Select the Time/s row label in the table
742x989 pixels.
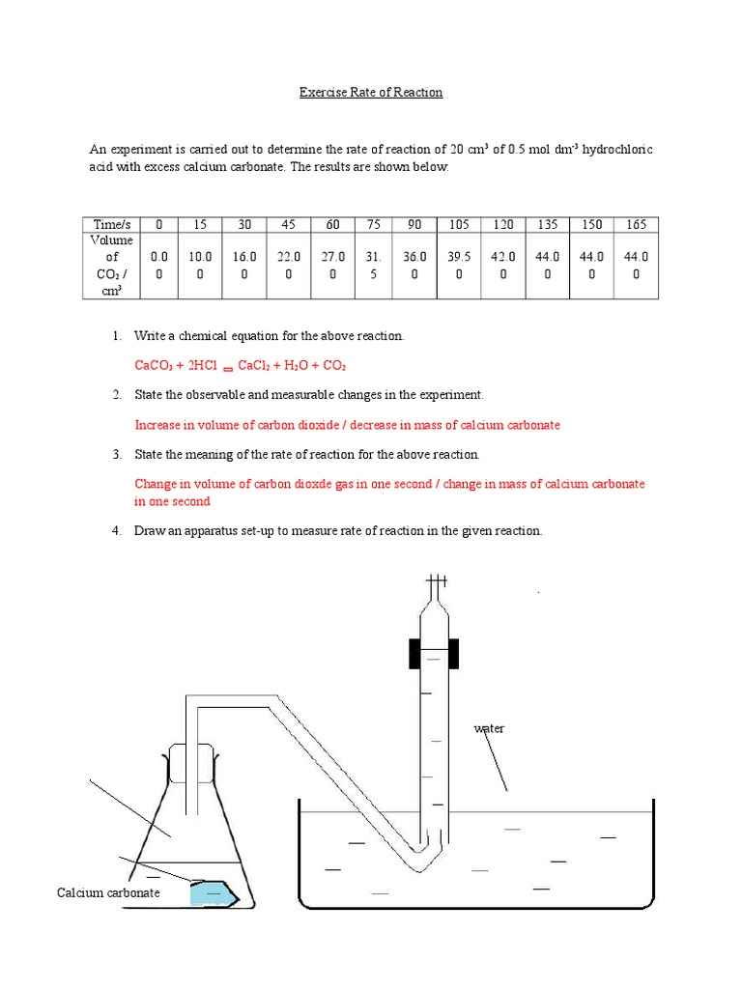[110, 224]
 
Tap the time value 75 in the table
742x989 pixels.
[374, 224]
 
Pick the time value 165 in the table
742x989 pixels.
[636, 224]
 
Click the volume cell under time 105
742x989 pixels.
[459, 265]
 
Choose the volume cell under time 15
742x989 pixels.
[200, 265]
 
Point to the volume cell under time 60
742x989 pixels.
[332, 265]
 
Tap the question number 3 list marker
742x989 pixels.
[116, 454]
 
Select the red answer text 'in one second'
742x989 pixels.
[172, 501]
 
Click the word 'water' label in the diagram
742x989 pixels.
[489, 728]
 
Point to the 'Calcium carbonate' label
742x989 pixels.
[108, 892]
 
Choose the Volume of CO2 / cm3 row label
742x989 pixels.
[111, 265]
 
